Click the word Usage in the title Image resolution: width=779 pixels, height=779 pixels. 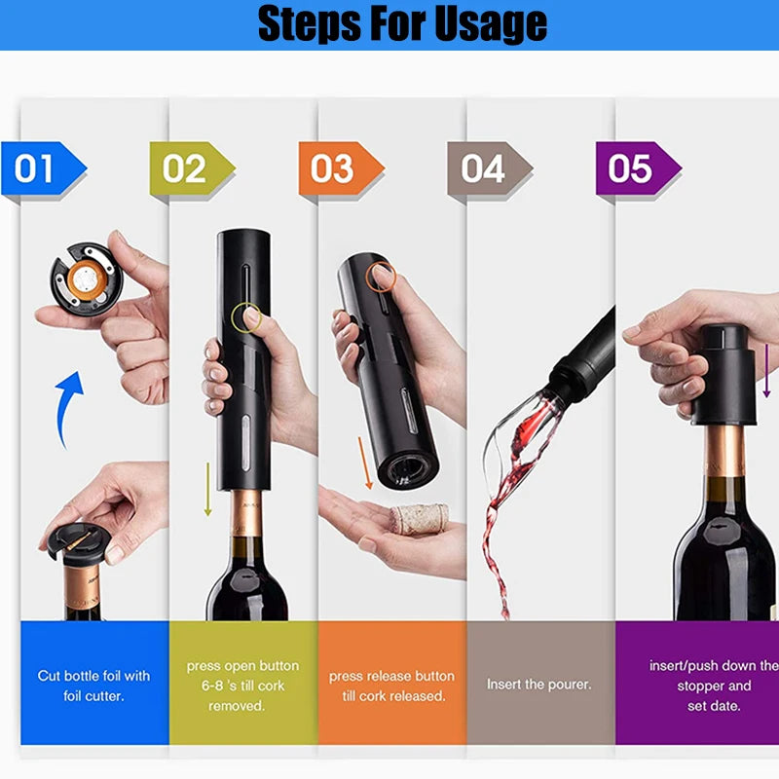(x=491, y=22)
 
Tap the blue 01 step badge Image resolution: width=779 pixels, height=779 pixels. (x=44, y=167)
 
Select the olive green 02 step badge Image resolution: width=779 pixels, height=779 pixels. (x=192, y=167)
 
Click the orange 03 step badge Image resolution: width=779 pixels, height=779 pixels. (x=342, y=167)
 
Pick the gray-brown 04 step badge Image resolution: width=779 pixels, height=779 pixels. (x=490, y=167)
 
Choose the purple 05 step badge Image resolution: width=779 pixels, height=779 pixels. (x=639, y=167)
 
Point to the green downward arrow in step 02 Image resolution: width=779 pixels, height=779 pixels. (x=208, y=490)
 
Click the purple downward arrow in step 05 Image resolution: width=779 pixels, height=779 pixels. (x=766, y=370)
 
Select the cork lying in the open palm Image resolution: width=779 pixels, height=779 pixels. (x=420, y=519)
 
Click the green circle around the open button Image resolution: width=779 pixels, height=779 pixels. (x=246, y=317)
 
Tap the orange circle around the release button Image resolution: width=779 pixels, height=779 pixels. (x=381, y=277)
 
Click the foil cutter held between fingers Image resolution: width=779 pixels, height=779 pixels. (x=86, y=278)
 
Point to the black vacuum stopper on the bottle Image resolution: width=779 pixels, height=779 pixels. (x=724, y=375)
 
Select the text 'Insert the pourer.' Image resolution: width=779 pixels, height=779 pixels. (x=539, y=685)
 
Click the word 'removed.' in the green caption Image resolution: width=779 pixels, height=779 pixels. (x=237, y=706)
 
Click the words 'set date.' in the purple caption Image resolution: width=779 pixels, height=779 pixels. (x=714, y=706)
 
